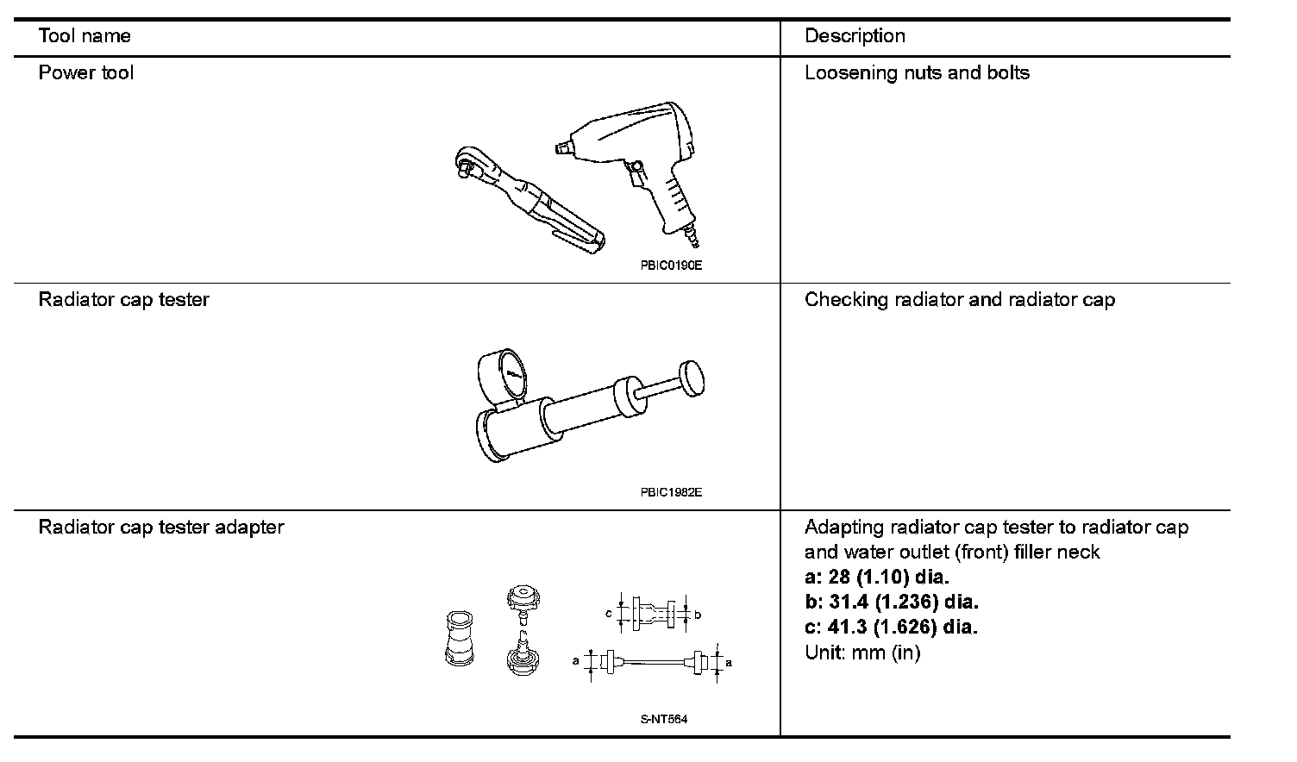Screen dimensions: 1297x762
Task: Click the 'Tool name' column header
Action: pos(85,36)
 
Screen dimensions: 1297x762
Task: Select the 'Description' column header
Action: pos(855,36)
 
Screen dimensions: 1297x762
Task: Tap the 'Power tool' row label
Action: pos(86,73)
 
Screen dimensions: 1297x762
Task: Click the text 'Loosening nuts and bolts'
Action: pos(917,73)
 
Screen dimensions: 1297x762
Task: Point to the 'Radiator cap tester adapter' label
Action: pos(161,527)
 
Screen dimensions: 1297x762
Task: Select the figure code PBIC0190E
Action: pos(671,265)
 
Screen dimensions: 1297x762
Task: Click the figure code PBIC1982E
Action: pos(671,493)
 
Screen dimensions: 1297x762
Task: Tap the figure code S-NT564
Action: pos(664,720)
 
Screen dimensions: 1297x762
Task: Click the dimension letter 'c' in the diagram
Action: pos(609,614)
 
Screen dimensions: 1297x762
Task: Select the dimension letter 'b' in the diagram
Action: pos(698,615)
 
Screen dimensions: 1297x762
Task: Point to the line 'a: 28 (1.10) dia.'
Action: pos(876,577)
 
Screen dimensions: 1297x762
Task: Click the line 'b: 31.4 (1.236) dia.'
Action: pos(891,602)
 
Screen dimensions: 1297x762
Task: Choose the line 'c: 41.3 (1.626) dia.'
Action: pos(891,627)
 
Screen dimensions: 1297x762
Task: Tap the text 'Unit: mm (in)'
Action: pos(862,653)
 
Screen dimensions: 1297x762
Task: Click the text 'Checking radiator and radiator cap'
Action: pos(959,300)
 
